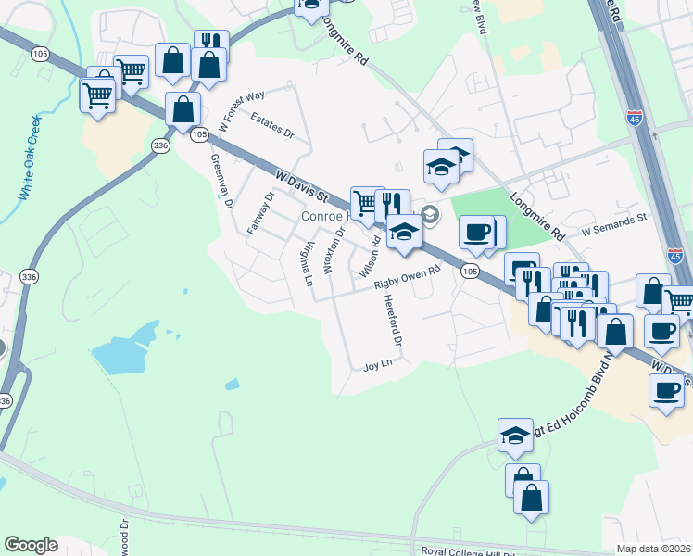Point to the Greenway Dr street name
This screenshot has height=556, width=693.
(x=220, y=182)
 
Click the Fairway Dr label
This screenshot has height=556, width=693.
(x=259, y=213)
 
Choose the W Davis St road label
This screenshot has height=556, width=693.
(x=303, y=184)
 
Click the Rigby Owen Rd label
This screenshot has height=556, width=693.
(x=406, y=280)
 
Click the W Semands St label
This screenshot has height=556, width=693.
(x=613, y=229)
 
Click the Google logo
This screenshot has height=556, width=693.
(x=31, y=545)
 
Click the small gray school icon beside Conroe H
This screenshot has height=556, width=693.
(x=430, y=215)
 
